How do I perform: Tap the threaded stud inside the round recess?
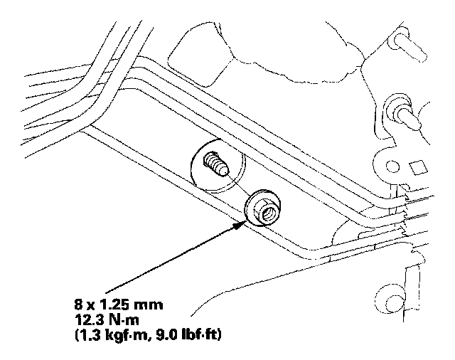point(214,166)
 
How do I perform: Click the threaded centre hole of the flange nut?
point(262,208)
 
